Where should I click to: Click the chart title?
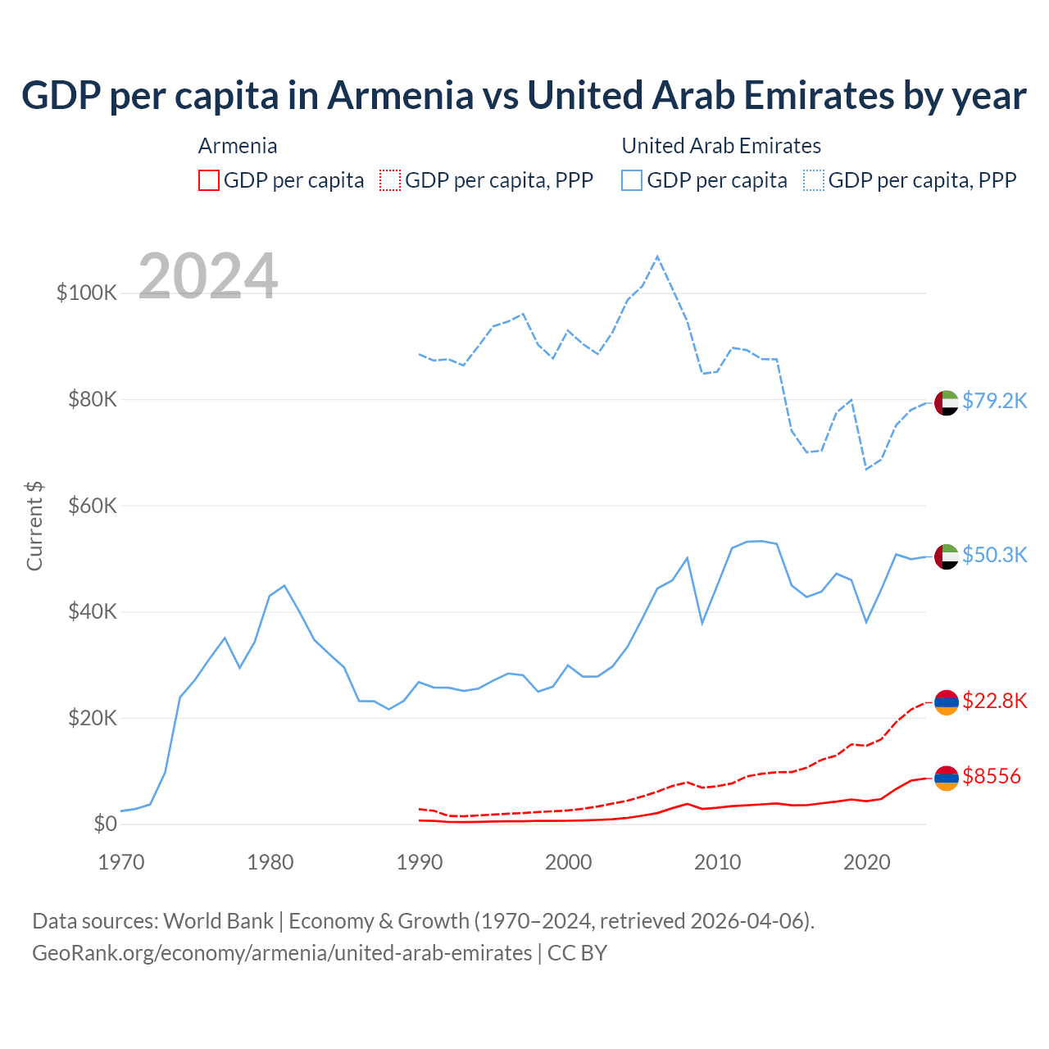pyautogui.click(x=524, y=95)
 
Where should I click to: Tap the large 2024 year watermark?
pyautogui.click(x=208, y=276)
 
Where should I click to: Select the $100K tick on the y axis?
pyautogui.click(x=87, y=293)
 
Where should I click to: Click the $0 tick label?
pyautogui.click(x=105, y=824)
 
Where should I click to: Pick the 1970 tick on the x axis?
pyautogui.click(x=121, y=862)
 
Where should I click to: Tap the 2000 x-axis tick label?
pyautogui.click(x=569, y=862)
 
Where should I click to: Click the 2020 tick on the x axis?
pyautogui.click(x=867, y=862)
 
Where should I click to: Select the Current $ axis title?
pyautogui.click(x=34, y=526)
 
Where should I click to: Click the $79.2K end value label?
pyautogui.click(x=994, y=401)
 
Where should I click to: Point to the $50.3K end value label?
pyautogui.click(x=994, y=555)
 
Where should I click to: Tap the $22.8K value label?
pyautogui.click(x=994, y=701)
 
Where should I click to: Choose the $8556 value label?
pyautogui.click(x=992, y=776)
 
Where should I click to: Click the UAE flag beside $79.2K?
pyautogui.click(x=947, y=403)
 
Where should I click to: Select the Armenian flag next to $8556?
pyautogui.click(x=947, y=778)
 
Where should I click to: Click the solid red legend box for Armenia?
pyautogui.click(x=209, y=180)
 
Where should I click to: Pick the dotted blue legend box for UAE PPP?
pyautogui.click(x=814, y=180)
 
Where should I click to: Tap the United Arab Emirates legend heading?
pyautogui.click(x=721, y=146)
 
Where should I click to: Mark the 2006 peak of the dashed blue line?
pyautogui.click(x=657, y=257)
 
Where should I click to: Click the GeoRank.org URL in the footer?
pyautogui.click(x=282, y=953)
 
